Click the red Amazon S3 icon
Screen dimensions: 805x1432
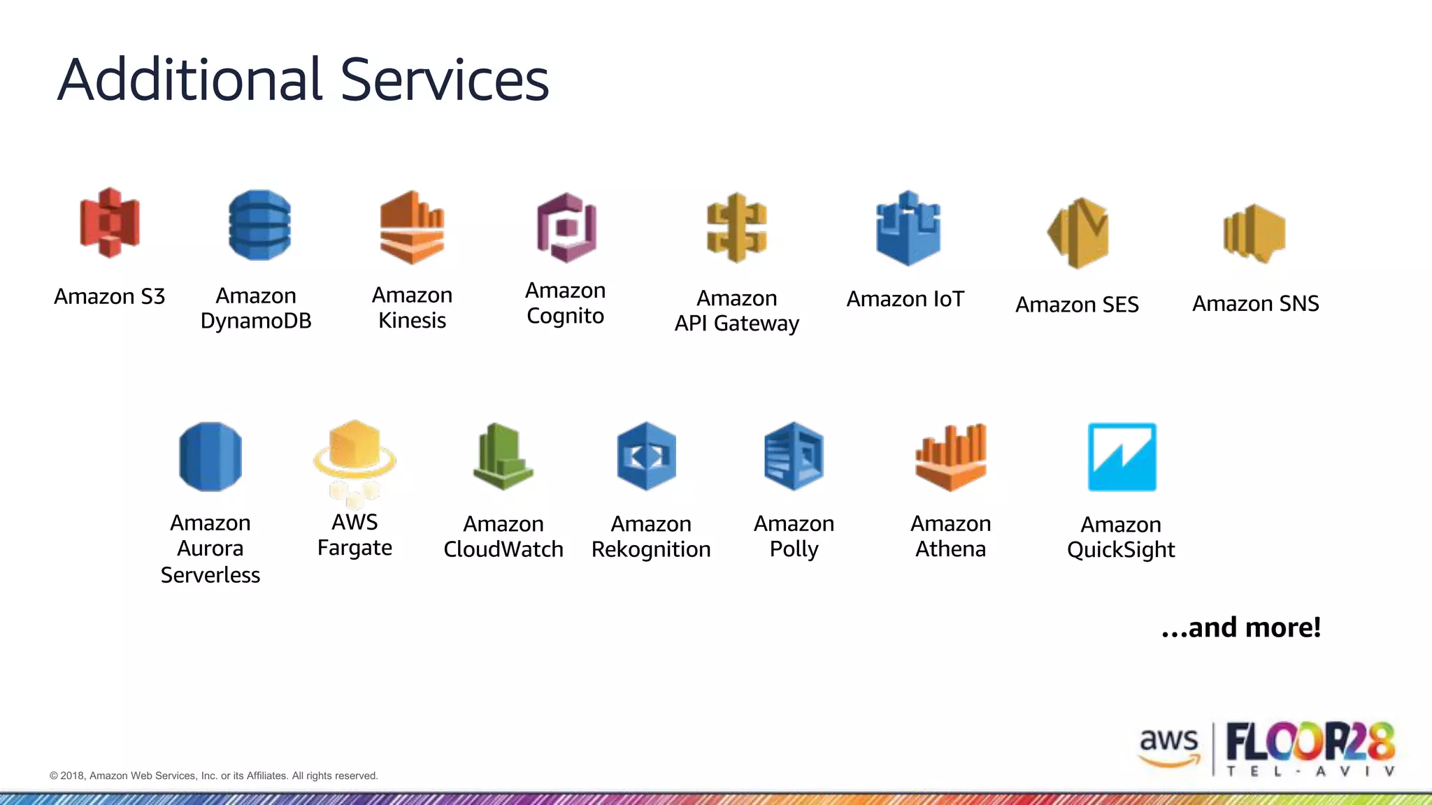[x=110, y=223]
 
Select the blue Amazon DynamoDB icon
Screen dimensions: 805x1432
[x=259, y=225]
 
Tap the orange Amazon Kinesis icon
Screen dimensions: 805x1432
[x=412, y=227]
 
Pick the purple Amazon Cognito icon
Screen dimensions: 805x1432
[x=566, y=228]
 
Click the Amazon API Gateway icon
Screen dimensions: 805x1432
[x=737, y=228]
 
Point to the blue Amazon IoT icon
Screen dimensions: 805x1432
[x=908, y=229]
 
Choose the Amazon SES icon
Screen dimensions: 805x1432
[x=1078, y=233]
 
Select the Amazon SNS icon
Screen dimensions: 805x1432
[x=1254, y=233]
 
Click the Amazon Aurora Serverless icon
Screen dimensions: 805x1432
[x=210, y=456]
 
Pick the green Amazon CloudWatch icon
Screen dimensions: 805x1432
[x=503, y=456]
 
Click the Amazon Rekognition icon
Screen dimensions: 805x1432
[x=647, y=456]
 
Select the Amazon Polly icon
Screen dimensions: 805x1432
[x=794, y=456]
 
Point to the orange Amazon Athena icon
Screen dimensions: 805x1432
[x=951, y=456]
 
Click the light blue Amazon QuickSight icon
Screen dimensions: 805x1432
[x=1122, y=457]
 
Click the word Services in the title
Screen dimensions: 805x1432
[x=445, y=80]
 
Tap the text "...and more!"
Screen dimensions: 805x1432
[x=1241, y=627]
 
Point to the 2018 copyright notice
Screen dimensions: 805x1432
[x=214, y=776]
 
